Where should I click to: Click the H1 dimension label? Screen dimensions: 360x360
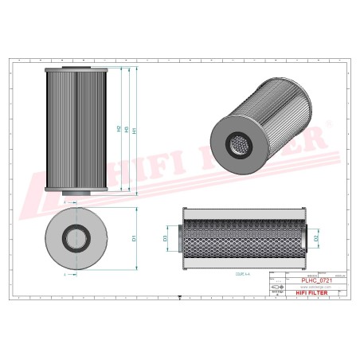(135, 130)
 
